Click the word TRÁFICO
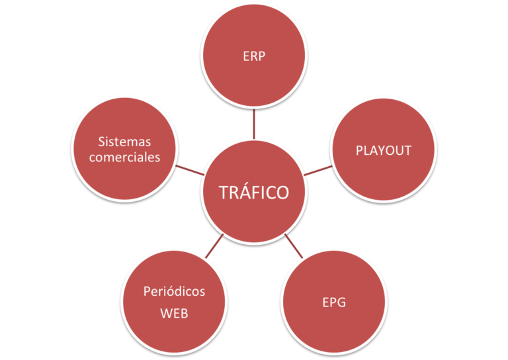254,193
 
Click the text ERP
254,56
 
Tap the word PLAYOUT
384,150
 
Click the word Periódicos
175,291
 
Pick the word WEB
175,313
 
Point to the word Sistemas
124,142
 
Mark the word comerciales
124,157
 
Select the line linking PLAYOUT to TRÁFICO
317,170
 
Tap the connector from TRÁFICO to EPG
294,246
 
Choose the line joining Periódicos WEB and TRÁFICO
214,246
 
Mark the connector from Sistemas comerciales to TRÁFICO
190,169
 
